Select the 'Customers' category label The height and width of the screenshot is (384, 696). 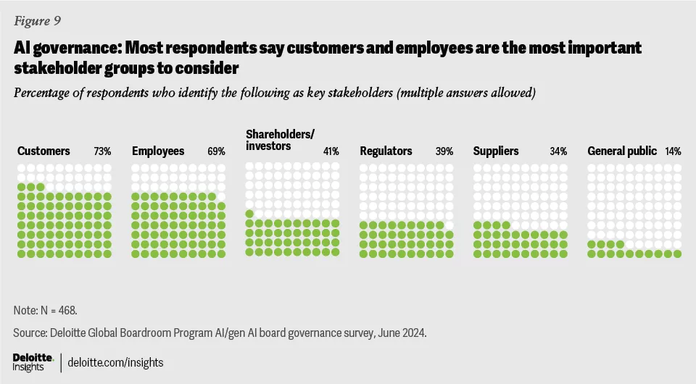click(x=43, y=151)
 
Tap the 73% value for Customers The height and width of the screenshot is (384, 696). click(x=102, y=151)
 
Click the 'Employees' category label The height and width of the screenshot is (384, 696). click(x=158, y=151)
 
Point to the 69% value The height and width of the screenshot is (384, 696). click(x=216, y=151)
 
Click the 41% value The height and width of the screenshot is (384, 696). click(x=330, y=151)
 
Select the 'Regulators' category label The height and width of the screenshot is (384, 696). click(x=386, y=151)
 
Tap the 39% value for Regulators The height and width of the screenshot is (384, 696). click(x=444, y=151)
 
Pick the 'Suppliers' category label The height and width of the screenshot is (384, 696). click(x=496, y=151)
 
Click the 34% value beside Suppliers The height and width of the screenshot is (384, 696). click(x=558, y=151)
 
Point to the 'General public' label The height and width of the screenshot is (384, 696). click(x=622, y=151)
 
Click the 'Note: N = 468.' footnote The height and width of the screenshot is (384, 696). click(x=45, y=310)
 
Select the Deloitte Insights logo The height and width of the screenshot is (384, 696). click(x=33, y=362)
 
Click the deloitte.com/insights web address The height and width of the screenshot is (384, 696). click(x=116, y=362)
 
